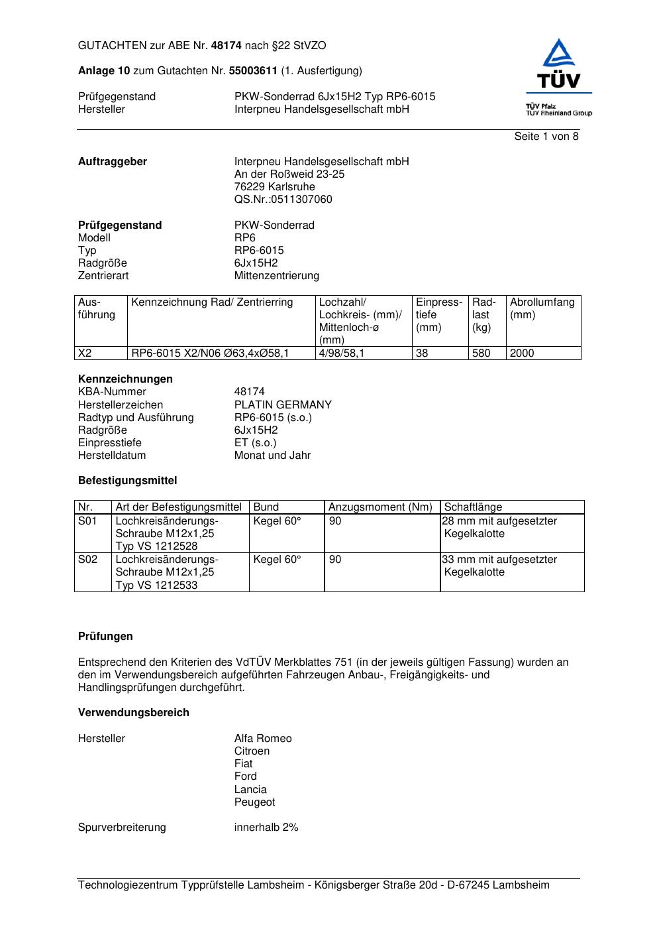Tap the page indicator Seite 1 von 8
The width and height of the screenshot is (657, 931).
pyautogui.click(x=546, y=137)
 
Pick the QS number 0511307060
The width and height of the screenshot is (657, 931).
pyautogui.click(x=283, y=200)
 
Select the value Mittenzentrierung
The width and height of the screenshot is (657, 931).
pyautogui.click(x=276, y=276)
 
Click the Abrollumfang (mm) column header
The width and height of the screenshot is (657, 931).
pyautogui.click(x=542, y=308)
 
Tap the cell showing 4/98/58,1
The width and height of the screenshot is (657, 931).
pyautogui.click(x=341, y=353)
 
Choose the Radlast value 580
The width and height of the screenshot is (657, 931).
pyautogui.click(x=481, y=353)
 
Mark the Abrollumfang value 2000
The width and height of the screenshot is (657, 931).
pyautogui.click(x=522, y=353)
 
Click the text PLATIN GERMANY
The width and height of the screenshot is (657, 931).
pyautogui.click(x=283, y=405)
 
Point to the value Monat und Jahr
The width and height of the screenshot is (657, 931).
pyautogui.click(x=272, y=456)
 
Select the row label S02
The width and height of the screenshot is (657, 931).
pyautogui.click(x=87, y=560)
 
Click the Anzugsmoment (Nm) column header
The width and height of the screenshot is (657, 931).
pyautogui.click(x=380, y=507)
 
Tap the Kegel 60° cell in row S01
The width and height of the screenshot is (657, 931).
pyautogui.click(x=277, y=521)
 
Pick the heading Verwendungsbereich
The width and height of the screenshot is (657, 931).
pyautogui.click(x=133, y=713)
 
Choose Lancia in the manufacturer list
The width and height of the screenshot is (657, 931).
pyautogui.click(x=250, y=790)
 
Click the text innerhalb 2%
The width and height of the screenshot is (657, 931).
pyautogui.click(x=266, y=828)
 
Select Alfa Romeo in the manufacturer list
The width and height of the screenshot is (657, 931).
pyautogui.click(x=263, y=739)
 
